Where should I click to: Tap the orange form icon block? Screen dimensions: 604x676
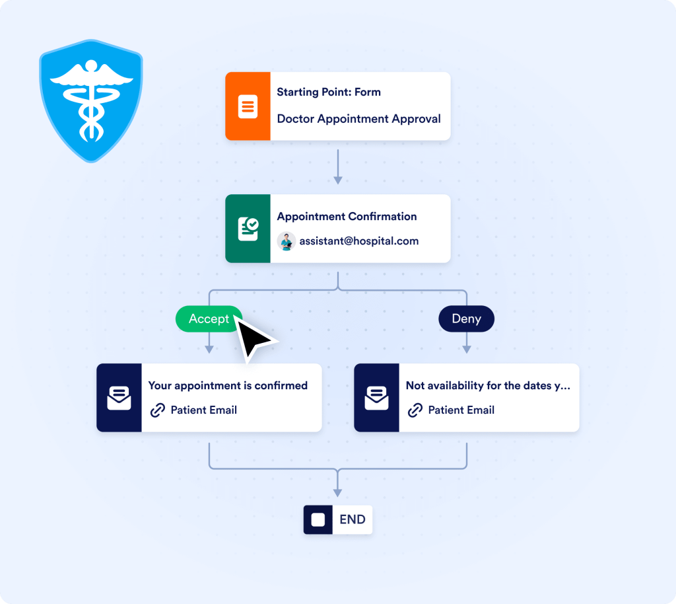pos(248,106)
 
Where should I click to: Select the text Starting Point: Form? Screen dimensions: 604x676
pos(329,93)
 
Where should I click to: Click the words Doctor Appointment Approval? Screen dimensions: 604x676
pos(358,119)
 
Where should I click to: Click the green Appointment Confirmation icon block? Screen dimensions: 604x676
pos(248,229)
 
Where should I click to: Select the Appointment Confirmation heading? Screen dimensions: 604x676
pos(347,216)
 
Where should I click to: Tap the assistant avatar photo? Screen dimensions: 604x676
pos(286,241)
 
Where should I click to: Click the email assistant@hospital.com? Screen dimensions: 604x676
pos(359,241)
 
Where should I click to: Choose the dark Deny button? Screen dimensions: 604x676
pos(466,319)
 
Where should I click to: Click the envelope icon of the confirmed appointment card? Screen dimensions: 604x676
pos(119,398)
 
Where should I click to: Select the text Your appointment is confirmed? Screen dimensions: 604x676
pos(228,385)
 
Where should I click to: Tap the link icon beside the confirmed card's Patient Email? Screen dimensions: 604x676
pos(157,410)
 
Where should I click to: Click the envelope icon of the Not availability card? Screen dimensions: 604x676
pos(376,398)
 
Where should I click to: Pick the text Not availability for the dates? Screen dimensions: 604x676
pos(487,385)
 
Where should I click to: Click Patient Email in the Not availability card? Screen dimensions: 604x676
pos(461,410)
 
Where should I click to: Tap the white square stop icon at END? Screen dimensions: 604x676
pos(318,520)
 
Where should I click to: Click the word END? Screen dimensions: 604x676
pos(352,520)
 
